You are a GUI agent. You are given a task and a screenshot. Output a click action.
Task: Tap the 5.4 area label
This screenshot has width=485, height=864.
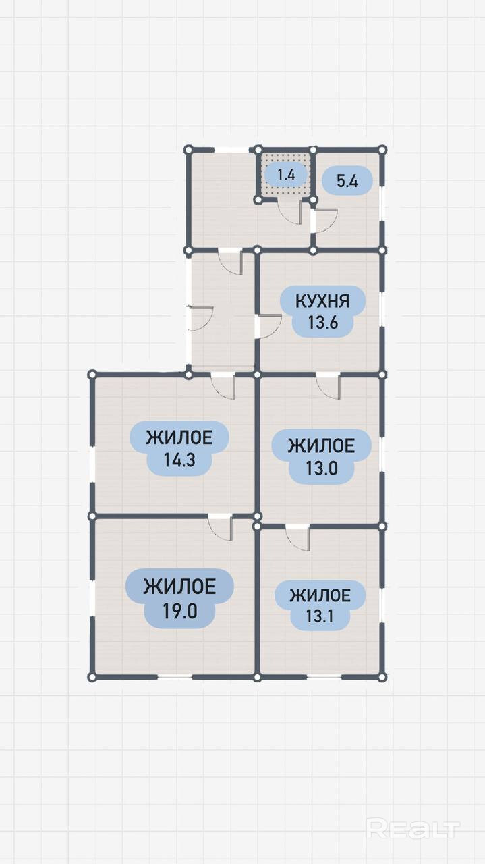pyautogui.click(x=347, y=181)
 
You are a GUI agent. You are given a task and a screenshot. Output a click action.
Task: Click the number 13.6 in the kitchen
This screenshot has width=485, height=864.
pyautogui.click(x=322, y=322)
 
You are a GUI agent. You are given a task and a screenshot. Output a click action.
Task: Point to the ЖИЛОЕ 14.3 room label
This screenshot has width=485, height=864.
pyautogui.click(x=179, y=448)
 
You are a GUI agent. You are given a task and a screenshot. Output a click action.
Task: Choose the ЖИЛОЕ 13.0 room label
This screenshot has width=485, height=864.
pyautogui.click(x=321, y=456)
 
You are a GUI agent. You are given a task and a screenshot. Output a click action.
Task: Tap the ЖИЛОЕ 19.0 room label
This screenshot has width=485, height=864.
pyautogui.click(x=179, y=598)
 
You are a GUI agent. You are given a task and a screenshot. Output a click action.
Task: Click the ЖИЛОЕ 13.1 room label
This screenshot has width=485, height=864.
pyautogui.click(x=320, y=605)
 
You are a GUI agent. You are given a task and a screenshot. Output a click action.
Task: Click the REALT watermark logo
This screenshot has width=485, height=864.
pyautogui.click(x=413, y=828)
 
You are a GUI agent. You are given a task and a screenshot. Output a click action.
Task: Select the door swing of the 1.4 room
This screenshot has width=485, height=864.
pyautogui.click(x=291, y=211)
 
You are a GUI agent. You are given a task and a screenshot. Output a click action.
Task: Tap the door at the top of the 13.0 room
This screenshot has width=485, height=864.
pyautogui.click(x=329, y=385)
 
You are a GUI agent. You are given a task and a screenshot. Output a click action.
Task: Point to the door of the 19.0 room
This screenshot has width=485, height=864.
pyautogui.click(x=221, y=527)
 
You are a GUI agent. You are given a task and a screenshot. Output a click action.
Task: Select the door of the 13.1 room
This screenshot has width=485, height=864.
pyautogui.click(x=297, y=537)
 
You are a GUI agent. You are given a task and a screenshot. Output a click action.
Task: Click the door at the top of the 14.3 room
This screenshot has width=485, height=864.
pyautogui.click(x=223, y=385)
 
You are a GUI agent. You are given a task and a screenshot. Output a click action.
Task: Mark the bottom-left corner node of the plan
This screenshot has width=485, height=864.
pyautogui.click(x=92, y=676)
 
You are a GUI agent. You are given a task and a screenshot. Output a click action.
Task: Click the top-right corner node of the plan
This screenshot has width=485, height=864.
pyautogui.click(x=382, y=149)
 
